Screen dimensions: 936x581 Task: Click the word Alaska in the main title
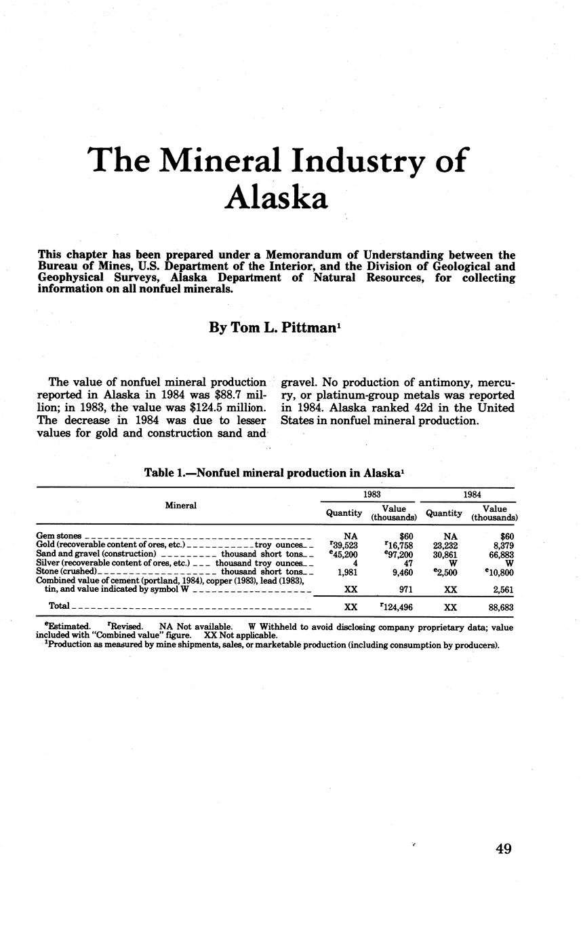point(277,198)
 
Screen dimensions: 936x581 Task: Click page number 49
point(503,848)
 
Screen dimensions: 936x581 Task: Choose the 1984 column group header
point(472,495)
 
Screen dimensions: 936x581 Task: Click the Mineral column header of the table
point(181,506)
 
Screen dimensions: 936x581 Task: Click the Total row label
point(59,605)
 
